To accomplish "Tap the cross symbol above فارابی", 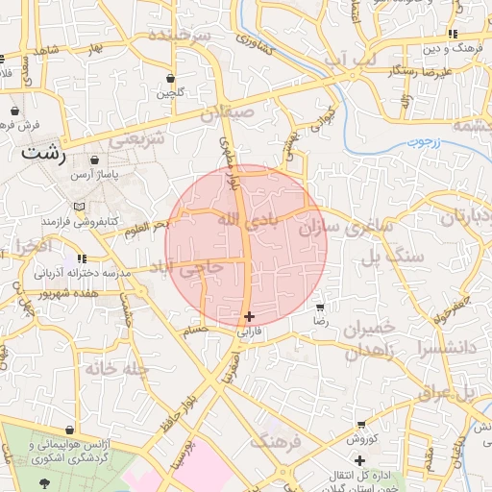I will coord(249,316).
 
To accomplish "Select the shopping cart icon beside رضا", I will coord(320,308).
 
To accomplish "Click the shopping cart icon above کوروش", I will coord(360,424).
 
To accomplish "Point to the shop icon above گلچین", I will coord(171,79).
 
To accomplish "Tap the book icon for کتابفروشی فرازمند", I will coord(79,207).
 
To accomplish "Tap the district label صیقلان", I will coord(227,114).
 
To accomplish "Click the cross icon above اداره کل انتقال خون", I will coord(359,462).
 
